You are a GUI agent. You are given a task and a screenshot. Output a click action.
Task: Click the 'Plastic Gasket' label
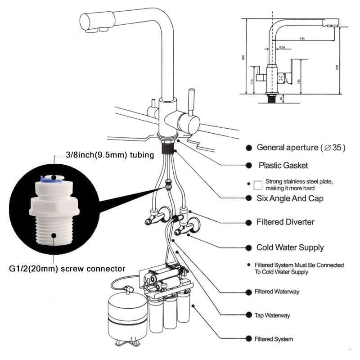point(283,165)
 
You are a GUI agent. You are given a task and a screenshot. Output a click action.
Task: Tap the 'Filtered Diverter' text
point(285,222)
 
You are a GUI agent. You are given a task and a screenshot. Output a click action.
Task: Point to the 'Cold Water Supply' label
point(290,247)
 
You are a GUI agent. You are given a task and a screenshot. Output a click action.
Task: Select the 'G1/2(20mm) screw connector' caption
point(67,269)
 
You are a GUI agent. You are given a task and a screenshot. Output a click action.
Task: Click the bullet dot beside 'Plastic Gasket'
point(248,165)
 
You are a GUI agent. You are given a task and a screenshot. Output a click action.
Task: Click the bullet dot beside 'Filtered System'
point(248,339)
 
